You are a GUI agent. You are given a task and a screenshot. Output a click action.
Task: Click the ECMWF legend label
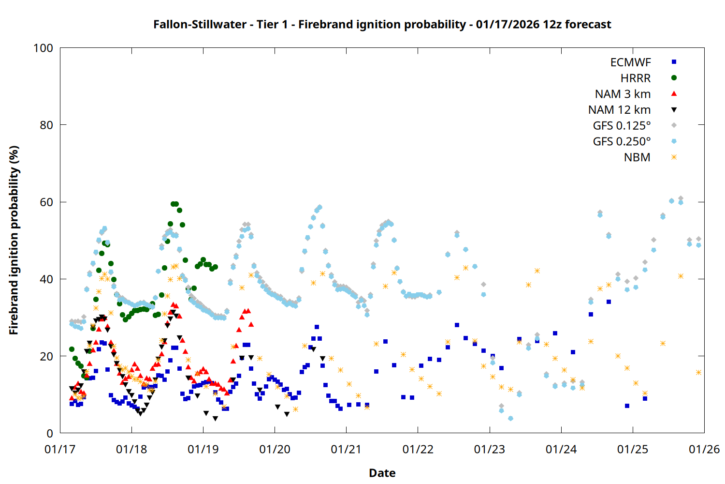[x=630, y=62]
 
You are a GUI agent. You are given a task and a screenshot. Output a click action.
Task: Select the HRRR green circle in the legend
[x=674, y=78]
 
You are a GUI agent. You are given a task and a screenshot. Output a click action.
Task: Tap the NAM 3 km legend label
[x=623, y=94]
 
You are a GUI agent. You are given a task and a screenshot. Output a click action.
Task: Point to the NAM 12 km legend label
[x=619, y=110]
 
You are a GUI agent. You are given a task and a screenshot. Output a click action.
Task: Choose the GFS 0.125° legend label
[x=622, y=126]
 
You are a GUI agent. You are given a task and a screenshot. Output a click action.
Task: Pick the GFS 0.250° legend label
[x=622, y=141]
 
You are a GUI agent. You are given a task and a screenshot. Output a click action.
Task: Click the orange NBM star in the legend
[x=674, y=157]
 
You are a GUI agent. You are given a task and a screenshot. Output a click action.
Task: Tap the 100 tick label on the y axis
[x=43, y=48]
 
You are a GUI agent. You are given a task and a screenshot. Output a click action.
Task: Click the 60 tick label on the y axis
[x=46, y=202]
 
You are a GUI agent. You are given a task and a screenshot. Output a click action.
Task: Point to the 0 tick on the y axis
[x=50, y=434]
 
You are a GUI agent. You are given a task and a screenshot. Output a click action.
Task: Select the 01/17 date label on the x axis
[x=60, y=449]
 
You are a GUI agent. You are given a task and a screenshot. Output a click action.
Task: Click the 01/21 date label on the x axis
[x=346, y=449]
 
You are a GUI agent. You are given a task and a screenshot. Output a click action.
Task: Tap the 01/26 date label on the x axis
[x=704, y=449]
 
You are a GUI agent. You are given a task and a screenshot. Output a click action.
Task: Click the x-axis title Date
[x=382, y=473]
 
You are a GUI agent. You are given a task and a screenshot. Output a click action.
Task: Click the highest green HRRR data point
[x=174, y=204]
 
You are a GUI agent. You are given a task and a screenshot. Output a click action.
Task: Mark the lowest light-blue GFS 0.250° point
[x=510, y=418]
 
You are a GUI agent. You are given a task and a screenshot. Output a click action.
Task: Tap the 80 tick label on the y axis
[x=46, y=125]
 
